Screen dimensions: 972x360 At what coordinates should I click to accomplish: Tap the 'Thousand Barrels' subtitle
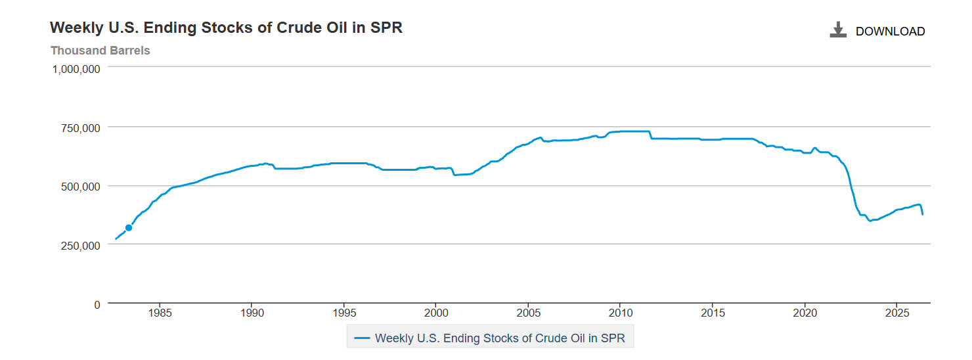coord(100,51)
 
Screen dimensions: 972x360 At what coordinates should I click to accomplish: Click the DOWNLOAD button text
coord(890,32)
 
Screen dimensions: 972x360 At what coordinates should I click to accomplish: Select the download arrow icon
coord(838,30)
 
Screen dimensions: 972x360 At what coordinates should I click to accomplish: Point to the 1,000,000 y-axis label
coord(76,69)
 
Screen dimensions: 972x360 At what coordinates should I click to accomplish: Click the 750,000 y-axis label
coord(80,128)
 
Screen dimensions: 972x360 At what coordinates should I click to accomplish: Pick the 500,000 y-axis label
coord(80,187)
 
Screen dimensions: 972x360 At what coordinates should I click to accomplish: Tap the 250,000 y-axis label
coord(80,246)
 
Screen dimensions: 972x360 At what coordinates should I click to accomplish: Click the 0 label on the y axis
coord(97,305)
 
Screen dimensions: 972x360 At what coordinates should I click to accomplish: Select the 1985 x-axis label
coord(160,313)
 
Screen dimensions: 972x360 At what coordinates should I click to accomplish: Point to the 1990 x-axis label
coord(252,313)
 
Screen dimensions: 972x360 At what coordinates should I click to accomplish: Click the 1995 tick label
coord(344,313)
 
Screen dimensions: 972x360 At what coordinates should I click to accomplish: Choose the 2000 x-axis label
coord(436,313)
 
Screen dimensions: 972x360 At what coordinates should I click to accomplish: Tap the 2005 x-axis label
coord(528,313)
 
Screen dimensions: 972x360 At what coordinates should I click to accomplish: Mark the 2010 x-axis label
coord(621,313)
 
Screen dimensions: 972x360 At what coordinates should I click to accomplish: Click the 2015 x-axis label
coord(713,313)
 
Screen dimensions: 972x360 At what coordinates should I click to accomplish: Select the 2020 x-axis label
coord(805,313)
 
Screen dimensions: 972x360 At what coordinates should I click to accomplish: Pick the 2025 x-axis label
coord(897,313)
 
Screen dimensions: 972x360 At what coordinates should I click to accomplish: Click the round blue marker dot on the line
coord(129,228)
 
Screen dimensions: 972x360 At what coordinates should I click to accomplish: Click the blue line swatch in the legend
coord(362,338)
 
